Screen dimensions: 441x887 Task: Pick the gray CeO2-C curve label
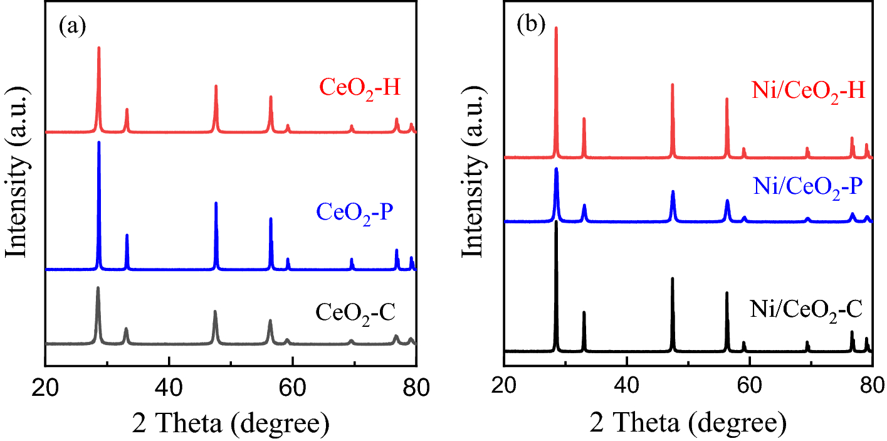[x=355, y=312]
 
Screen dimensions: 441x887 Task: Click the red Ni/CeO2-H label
[x=808, y=92]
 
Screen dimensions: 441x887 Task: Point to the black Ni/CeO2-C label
[x=806, y=309]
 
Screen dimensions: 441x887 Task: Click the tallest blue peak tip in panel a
[x=99, y=142]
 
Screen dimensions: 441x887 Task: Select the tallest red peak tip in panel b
[x=556, y=28]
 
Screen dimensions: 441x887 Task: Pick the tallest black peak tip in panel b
[x=556, y=222]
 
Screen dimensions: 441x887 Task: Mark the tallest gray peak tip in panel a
[x=98, y=287]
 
